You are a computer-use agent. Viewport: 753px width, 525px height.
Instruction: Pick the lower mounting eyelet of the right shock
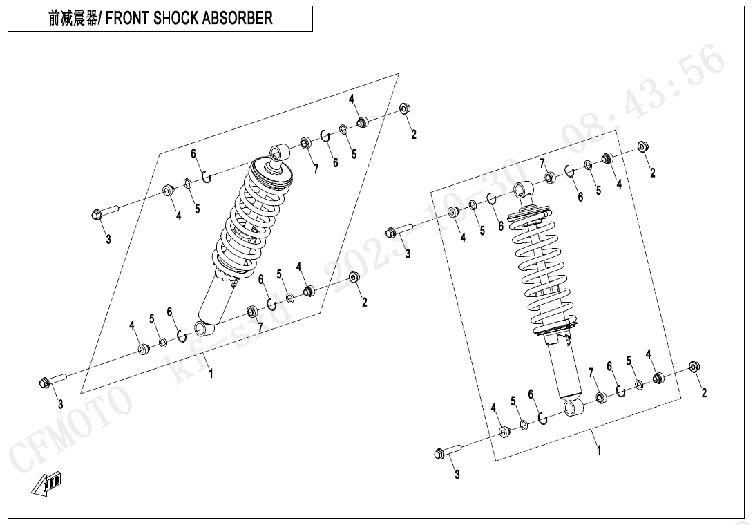(x=573, y=408)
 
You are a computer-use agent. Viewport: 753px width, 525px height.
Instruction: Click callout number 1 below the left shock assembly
(x=211, y=373)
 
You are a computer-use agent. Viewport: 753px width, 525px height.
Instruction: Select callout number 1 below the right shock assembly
(x=599, y=450)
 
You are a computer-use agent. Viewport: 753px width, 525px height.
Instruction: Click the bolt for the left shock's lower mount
(x=53, y=381)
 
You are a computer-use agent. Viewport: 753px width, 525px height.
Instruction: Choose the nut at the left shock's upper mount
(x=405, y=108)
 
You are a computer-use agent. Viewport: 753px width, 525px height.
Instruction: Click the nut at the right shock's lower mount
(x=694, y=367)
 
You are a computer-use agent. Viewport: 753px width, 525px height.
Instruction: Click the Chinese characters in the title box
(x=73, y=19)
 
